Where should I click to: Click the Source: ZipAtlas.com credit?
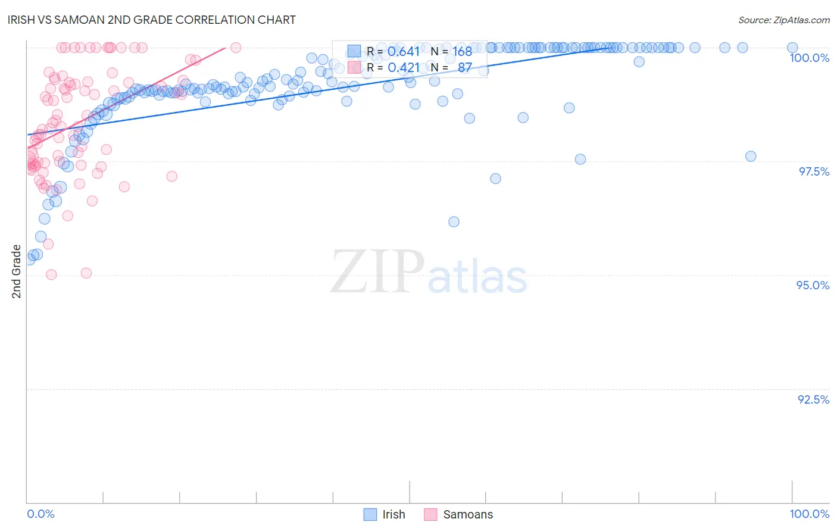pos(783,20)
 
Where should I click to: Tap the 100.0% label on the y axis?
pos(809,58)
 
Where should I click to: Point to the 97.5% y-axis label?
pos(813,171)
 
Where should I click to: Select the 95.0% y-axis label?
pos(813,285)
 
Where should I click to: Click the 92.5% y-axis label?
pos(813,399)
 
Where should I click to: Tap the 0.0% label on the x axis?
pos(40,514)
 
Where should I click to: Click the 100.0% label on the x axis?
pos(809,514)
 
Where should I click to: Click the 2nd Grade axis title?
pos(17,271)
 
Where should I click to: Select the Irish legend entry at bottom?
pos(393,514)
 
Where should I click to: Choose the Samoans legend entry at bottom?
pos(468,514)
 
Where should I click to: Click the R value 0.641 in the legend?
pos(404,52)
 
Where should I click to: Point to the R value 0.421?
pos(404,68)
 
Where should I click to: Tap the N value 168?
pos(462,52)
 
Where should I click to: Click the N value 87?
pos(464,68)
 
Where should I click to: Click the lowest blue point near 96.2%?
pos(454,222)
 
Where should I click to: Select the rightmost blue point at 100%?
pos(792,48)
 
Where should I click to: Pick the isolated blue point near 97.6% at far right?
pos(751,157)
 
